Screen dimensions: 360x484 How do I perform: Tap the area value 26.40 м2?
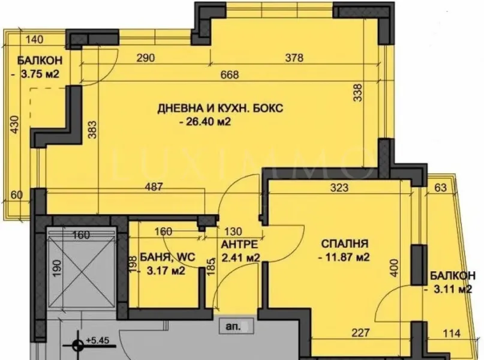pyautogui.click(x=206, y=122)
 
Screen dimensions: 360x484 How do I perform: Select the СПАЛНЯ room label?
pyautogui.click(x=344, y=244)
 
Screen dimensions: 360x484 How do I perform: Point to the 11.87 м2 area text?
pyautogui.click(x=343, y=258)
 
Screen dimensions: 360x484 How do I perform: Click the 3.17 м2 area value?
pyautogui.click(x=161, y=271)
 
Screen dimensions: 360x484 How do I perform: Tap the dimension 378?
pyautogui.click(x=294, y=58)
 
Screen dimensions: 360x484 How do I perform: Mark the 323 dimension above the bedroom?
pyautogui.click(x=339, y=187)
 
